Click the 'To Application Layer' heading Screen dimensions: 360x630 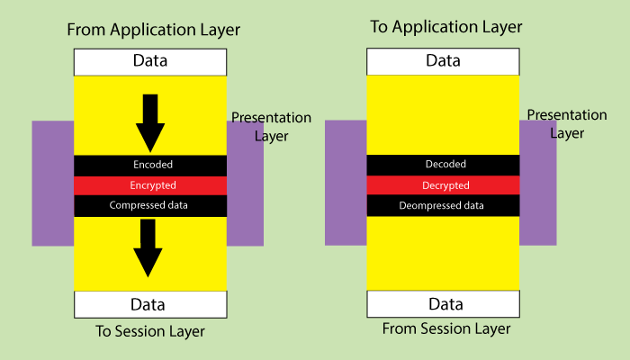(x=446, y=27)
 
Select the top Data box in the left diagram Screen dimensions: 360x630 (x=149, y=62)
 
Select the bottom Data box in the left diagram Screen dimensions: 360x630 (x=149, y=304)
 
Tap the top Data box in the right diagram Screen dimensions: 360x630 (x=443, y=61)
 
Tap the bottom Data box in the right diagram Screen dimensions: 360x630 (x=443, y=303)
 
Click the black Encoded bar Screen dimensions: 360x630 (x=149, y=165)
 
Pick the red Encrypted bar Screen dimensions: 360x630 (x=149, y=185)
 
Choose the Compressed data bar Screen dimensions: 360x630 (x=149, y=205)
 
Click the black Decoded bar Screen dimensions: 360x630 (x=443, y=165)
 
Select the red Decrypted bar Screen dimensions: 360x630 (x=443, y=185)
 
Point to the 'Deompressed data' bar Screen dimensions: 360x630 (x=443, y=205)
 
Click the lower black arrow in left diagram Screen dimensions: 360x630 (x=149, y=247)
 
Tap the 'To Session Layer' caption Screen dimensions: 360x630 (x=150, y=331)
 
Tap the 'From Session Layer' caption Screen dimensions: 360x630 (x=446, y=328)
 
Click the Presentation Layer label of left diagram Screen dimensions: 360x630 (x=271, y=126)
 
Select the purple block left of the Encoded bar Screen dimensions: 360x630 (x=52, y=184)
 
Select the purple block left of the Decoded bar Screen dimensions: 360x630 (x=346, y=182)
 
